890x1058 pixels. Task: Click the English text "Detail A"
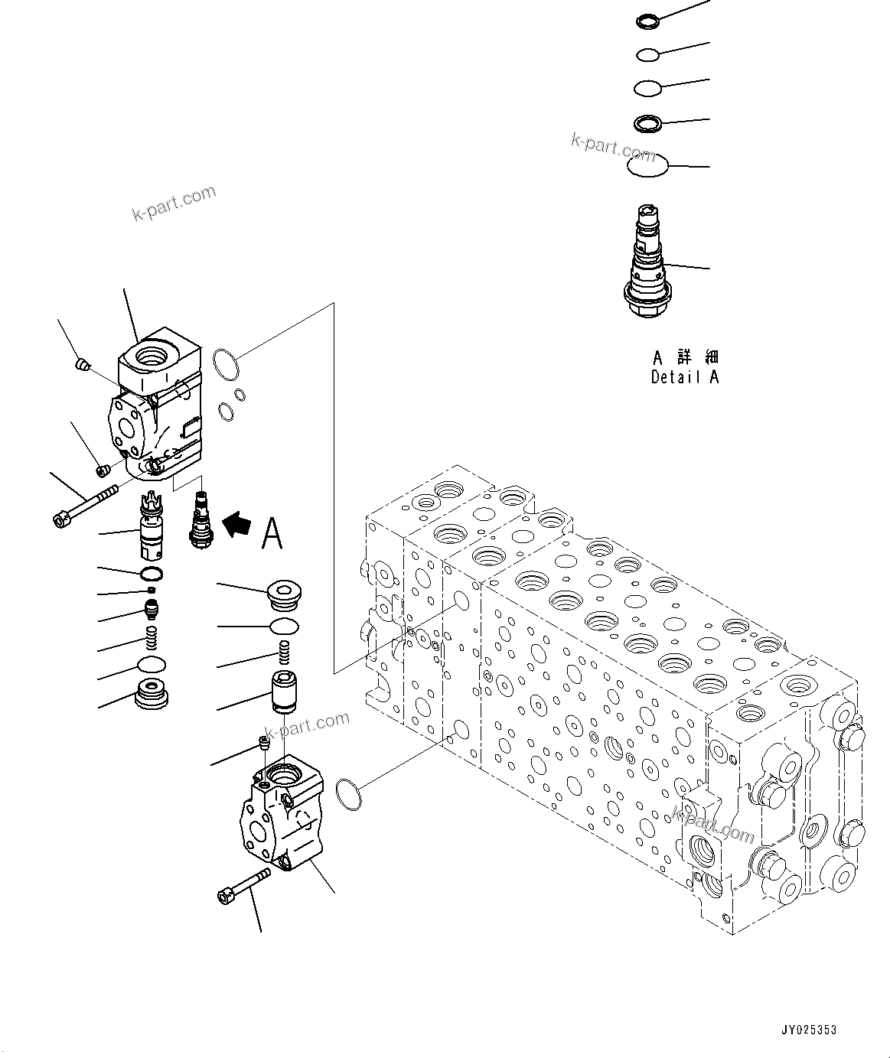(x=685, y=376)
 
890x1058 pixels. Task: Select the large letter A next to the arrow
(x=272, y=533)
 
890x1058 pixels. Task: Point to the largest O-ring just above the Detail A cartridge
(x=647, y=165)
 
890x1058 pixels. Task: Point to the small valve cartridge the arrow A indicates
(x=200, y=519)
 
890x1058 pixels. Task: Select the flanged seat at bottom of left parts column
(x=152, y=694)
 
